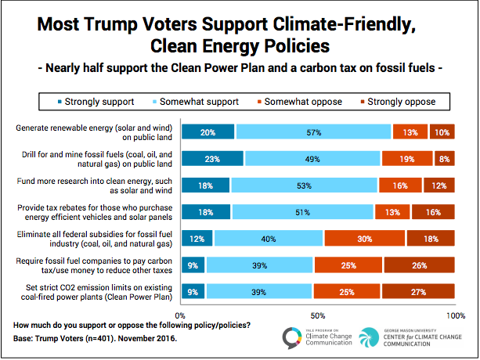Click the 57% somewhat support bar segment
(313, 131)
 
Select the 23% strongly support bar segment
(212, 159)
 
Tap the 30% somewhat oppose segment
(364, 239)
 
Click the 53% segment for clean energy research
(304, 185)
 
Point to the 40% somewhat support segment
(268, 239)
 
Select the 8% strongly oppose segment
(443, 159)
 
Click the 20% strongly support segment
(208, 131)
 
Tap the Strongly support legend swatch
(60, 101)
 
